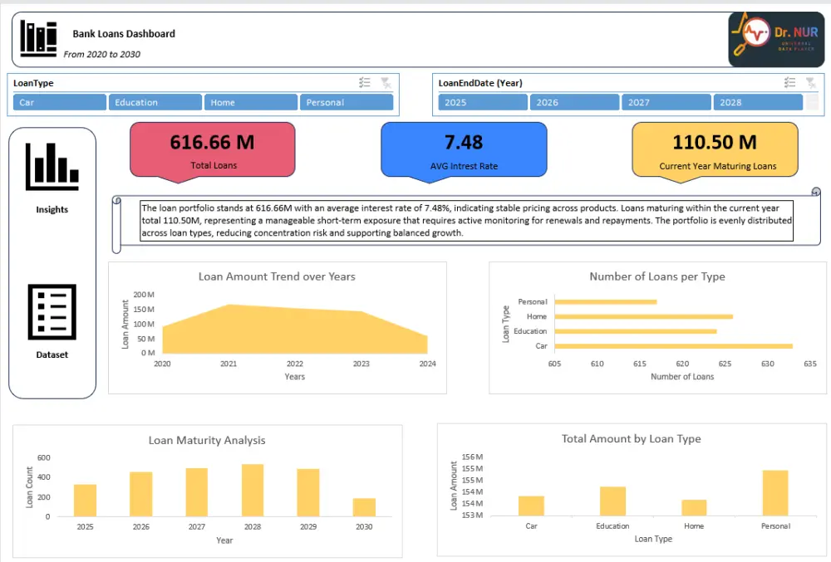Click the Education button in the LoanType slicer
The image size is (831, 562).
click(x=155, y=102)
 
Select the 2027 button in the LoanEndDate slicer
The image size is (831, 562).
click(x=666, y=102)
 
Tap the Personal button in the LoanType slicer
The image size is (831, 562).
click(x=346, y=102)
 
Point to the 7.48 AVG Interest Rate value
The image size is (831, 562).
click(x=464, y=142)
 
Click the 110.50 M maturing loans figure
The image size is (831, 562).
click(x=715, y=142)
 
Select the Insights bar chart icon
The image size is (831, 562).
click(x=52, y=165)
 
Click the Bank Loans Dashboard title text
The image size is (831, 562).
click(x=124, y=34)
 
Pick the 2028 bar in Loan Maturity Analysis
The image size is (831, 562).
click(x=253, y=490)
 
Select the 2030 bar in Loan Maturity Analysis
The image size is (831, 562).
click(x=364, y=506)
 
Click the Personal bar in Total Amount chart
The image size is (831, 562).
click(x=774, y=493)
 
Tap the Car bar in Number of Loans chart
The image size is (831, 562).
click(x=673, y=345)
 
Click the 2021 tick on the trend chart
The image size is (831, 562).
click(x=229, y=364)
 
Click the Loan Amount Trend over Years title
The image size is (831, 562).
click(x=277, y=276)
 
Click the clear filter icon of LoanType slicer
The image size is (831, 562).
click(x=386, y=82)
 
